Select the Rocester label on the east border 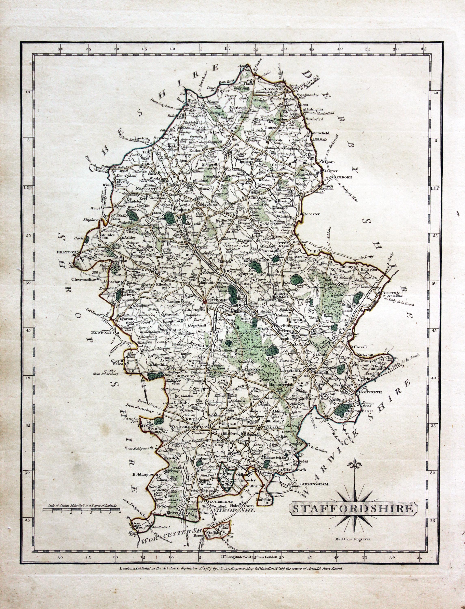311,214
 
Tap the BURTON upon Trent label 391,294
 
